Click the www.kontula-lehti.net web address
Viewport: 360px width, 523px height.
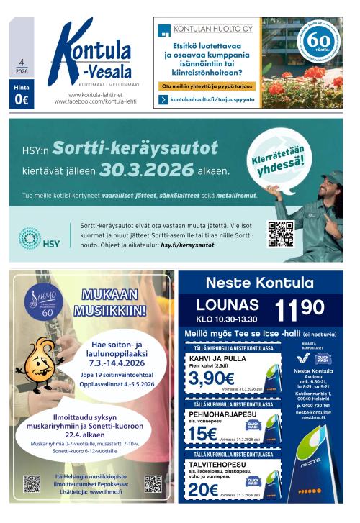click(95, 95)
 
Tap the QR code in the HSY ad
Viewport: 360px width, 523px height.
click(281, 235)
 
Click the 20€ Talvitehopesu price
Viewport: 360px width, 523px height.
click(204, 489)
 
